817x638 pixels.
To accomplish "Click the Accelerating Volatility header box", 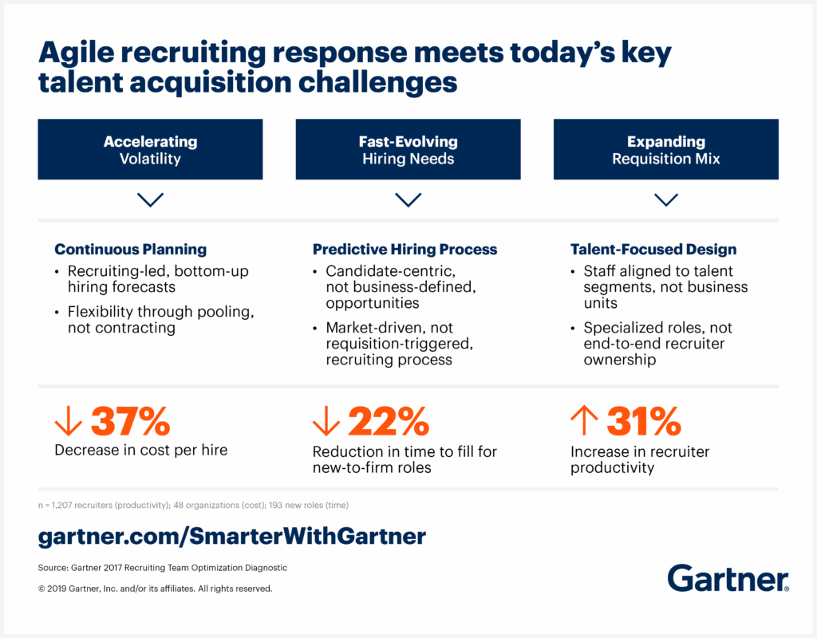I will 150,149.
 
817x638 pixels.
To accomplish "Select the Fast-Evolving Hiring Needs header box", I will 408,149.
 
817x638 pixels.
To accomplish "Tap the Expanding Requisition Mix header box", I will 665,149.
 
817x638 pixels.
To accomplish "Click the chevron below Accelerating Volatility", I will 150,199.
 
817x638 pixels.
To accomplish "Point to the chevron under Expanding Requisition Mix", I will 665,199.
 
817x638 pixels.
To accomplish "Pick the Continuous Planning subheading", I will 130,249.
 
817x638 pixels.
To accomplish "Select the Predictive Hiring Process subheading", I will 405,249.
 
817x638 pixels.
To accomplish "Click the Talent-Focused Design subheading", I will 653,249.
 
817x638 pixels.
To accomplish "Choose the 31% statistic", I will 644,421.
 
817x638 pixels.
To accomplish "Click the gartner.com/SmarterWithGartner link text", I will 231,537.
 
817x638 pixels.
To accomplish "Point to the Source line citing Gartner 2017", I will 162,568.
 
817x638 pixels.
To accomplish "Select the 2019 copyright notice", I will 155,589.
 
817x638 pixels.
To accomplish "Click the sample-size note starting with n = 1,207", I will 193,505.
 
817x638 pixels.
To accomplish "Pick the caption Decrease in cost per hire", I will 140,451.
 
